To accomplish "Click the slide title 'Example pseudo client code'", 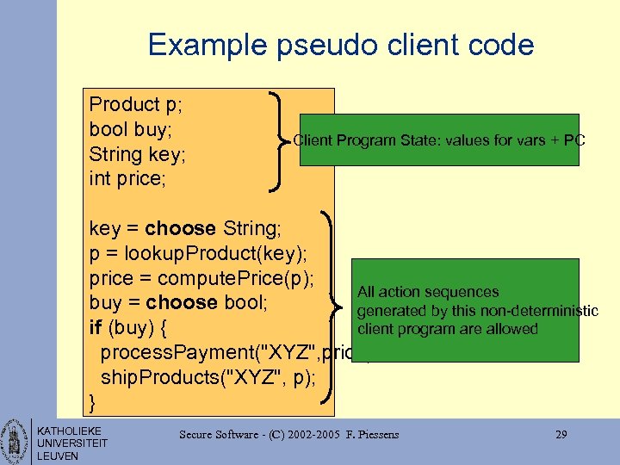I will click(341, 45).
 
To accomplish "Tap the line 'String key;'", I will click(138, 155).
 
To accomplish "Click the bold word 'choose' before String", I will click(180, 229).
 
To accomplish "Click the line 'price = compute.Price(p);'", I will click(201, 279).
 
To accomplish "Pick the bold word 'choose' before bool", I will click(182, 303).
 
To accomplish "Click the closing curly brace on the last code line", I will click(93, 402).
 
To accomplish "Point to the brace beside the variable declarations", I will click(280, 139).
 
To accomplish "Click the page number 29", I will click(561, 435).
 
